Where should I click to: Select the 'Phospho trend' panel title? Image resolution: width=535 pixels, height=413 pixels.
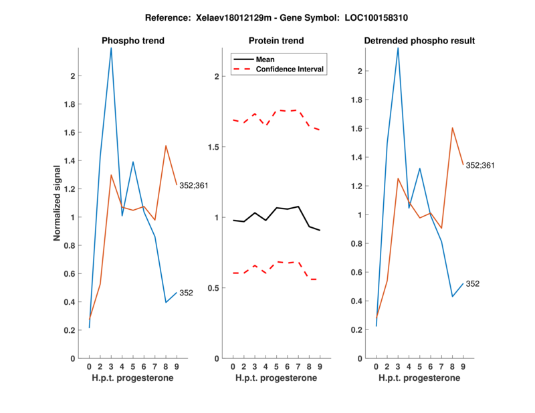coord(132,41)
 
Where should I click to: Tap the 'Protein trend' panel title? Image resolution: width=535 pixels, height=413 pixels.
coord(276,41)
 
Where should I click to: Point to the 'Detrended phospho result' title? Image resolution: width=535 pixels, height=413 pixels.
coord(419,41)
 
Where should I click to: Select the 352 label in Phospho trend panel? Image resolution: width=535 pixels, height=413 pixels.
coord(187,293)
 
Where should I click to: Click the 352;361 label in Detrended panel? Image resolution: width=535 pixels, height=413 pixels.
coord(481,164)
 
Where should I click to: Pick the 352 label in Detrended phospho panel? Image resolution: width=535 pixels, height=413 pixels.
coord(473,284)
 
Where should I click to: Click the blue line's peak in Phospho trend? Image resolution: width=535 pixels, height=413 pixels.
coord(111,48)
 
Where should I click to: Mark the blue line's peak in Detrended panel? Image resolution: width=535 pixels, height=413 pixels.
coord(398,48)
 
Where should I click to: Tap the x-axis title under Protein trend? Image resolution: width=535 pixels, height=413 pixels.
coord(276,379)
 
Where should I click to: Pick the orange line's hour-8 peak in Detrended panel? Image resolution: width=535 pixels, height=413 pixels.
coord(453,128)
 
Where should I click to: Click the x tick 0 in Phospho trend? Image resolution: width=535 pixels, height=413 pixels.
coord(89,366)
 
